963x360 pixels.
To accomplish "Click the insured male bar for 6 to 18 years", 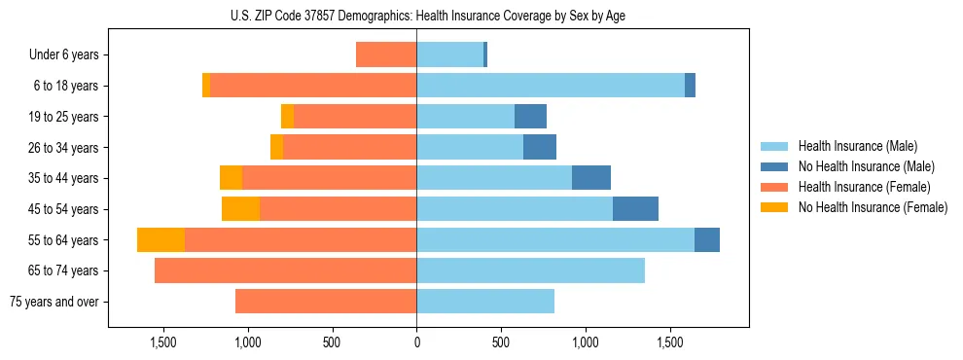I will [551, 86].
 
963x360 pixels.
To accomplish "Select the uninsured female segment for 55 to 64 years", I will [160, 240].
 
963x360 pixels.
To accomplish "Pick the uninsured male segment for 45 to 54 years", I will [635, 209].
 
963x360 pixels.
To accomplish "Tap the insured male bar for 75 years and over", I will [485, 302].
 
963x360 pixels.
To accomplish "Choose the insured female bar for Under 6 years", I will [386, 54].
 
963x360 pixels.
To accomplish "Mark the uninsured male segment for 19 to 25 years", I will [530, 117].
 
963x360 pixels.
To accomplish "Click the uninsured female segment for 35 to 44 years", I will [231, 178].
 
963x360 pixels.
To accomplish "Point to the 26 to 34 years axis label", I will [63, 147].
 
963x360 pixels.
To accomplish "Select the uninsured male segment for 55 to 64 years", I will [707, 240].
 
